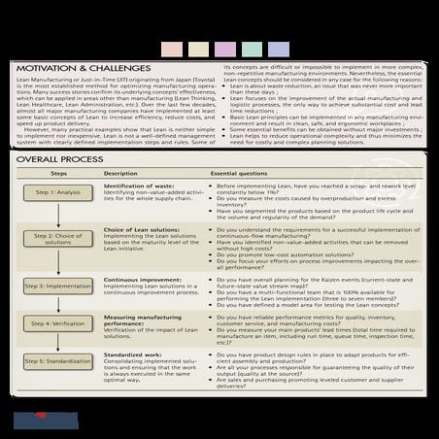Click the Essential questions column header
coord(242,173)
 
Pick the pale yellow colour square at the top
coord(199,48)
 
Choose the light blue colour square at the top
coord(275,48)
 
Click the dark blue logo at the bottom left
coord(45,421)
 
